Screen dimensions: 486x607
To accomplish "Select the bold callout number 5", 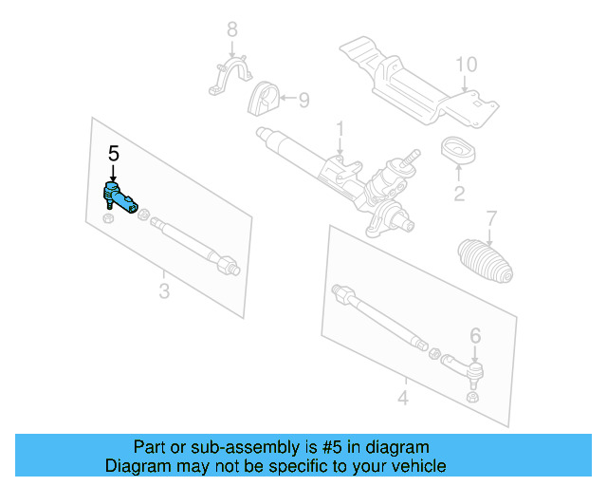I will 114,154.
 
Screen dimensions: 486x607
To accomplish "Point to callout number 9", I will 303,99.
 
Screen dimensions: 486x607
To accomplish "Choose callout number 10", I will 465,65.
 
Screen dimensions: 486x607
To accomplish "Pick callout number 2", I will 458,195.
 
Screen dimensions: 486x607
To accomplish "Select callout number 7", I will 490,217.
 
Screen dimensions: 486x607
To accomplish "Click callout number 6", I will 475,333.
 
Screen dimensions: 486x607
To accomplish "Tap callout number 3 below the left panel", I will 163,291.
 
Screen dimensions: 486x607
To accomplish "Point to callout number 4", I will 402,398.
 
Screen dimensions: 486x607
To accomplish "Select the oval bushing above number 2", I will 459,151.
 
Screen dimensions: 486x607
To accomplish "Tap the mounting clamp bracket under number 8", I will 231,78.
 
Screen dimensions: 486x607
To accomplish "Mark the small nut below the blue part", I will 108,220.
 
